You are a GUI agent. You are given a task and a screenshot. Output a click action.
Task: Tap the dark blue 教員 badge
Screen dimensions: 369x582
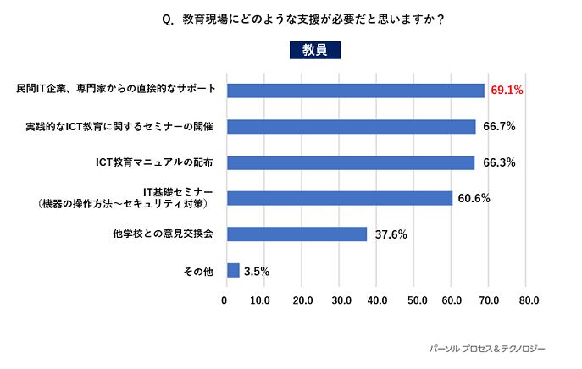pos(314,50)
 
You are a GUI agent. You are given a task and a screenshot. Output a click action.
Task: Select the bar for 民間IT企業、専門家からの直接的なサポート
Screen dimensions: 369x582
pos(356,90)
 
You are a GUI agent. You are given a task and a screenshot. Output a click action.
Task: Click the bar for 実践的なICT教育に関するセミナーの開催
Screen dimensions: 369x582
pos(352,126)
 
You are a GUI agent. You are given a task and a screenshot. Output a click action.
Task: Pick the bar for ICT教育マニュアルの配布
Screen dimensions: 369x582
pos(351,162)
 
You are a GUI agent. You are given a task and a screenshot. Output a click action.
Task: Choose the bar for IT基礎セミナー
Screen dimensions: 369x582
pos(340,198)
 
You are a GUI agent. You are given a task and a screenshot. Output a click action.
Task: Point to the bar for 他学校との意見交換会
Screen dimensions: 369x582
pos(297,234)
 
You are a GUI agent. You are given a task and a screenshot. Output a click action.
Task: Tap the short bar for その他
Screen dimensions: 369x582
pos(233,270)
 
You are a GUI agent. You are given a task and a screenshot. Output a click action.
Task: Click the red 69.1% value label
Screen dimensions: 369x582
pos(507,90)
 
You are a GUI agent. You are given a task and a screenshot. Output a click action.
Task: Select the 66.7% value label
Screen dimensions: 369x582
pos(499,126)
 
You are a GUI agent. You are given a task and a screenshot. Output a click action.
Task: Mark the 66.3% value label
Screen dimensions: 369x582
pos(499,162)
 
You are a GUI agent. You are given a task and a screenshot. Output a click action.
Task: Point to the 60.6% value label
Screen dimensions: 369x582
pos(474,198)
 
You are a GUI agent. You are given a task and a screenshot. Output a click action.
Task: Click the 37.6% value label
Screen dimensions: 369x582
pos(390,234)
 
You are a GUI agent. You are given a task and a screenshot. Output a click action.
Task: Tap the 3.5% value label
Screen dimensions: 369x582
pos(257,271)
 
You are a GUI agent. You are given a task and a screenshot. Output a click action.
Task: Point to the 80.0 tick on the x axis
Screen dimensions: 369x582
pos(529,300)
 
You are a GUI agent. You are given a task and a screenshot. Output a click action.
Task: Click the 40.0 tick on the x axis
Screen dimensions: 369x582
pos(377,300)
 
